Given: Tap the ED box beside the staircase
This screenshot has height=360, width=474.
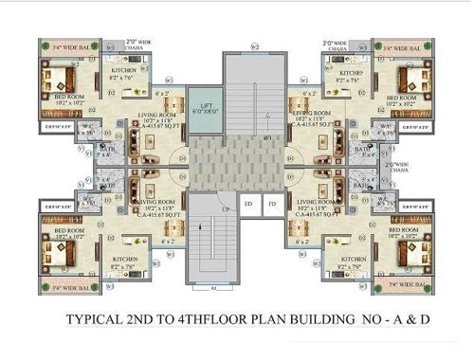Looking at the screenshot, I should click(x=248, y=203).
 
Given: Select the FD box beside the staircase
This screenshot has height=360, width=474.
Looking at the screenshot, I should click(x=271, y=203).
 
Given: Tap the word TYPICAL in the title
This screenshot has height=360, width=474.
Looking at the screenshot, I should click(x=98, y=320).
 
